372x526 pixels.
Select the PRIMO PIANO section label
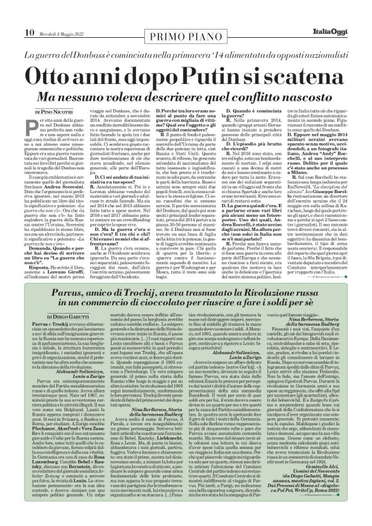(x=185, y=15)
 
